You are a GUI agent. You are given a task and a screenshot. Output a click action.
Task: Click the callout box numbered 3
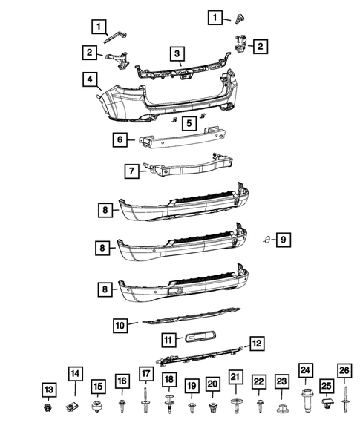click(x=177, y=53)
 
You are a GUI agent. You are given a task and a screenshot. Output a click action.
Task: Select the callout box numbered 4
click(x=90, y=79)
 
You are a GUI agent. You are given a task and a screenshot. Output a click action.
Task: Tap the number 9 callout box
click(x=284, y=240)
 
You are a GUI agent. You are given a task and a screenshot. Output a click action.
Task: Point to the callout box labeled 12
click(x=257, y=344)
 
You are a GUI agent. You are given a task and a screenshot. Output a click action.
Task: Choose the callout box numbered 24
click(x=305, y=370)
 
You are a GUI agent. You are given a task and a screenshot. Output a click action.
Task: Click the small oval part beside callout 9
click(x=267, y=240)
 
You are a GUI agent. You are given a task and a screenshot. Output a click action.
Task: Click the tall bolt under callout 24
click(x=307, y=401)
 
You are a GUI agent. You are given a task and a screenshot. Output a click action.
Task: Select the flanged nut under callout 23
click(x=282, y=409)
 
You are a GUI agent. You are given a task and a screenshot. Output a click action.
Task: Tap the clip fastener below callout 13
click(x=48, y=408)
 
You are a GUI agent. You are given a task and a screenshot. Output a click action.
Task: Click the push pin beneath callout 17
click(x=145, y=400)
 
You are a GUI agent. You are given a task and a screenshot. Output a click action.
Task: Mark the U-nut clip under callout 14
click(x=72, y=407)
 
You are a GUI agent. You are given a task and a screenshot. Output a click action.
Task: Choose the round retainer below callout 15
click(x=96, y=407)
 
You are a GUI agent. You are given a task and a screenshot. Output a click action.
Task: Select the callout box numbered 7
click(x=131, y=171)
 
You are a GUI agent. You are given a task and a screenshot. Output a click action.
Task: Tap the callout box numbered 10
click(x=120, y=325)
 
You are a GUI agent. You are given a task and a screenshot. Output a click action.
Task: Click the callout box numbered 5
click(x=189, y=123)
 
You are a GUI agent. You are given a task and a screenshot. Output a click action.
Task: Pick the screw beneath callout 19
click(x=192, y=407)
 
